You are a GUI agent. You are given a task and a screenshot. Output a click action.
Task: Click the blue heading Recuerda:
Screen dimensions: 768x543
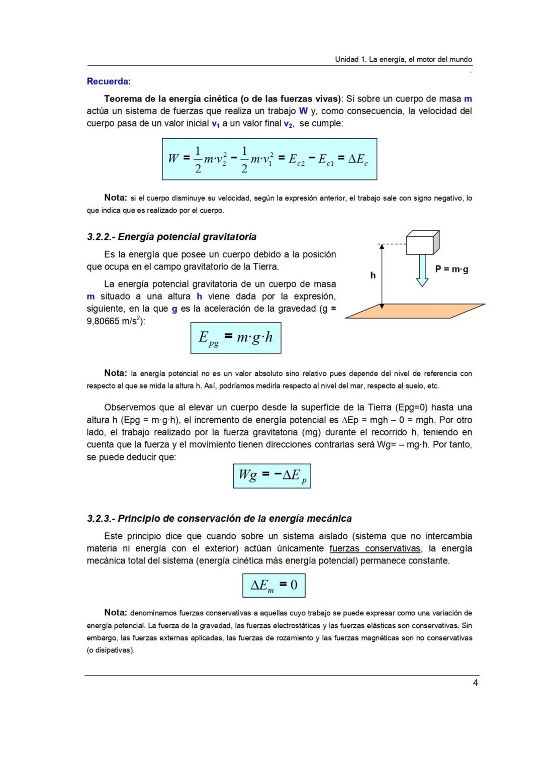click(109, 81)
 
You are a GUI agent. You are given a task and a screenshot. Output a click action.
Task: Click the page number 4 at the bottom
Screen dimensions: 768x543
click(475, 683)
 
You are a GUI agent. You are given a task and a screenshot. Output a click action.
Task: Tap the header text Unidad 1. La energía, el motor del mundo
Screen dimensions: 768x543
click(403, 59)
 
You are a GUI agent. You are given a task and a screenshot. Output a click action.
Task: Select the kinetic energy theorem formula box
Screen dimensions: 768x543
click(269, 159)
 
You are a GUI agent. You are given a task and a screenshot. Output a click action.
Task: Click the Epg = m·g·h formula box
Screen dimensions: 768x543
click(235, 338)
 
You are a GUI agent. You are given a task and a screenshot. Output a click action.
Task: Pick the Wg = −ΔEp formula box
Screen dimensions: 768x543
click(271, 475)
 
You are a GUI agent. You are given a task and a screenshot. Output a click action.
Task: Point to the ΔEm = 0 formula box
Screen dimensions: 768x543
click(274, 585)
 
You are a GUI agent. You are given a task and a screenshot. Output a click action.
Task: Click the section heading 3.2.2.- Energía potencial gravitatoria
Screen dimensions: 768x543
click(171, 237)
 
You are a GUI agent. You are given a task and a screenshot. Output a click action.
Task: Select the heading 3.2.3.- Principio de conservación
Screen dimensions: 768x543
click(219, 518)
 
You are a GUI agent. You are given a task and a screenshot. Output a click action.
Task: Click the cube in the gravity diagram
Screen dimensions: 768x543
click(422, 243)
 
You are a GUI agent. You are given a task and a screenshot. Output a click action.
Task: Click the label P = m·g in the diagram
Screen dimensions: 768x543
click(451, 269)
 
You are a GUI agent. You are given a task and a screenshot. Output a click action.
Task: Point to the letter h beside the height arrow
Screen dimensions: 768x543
click(373, 275)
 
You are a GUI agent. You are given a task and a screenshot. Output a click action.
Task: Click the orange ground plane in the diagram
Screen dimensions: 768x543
click(415, 311)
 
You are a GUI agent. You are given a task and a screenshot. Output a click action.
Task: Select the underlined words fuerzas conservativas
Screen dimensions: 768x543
click(375, 548)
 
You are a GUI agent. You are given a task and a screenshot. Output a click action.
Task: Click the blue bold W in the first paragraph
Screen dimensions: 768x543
click(303, 111)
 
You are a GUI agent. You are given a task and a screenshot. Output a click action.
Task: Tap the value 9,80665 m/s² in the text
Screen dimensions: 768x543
click(115, 321)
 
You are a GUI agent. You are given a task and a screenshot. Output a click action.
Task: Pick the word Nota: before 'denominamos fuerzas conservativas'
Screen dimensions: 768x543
click(115, 613)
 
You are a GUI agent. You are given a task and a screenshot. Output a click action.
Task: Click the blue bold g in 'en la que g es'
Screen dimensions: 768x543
click(174, 309)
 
